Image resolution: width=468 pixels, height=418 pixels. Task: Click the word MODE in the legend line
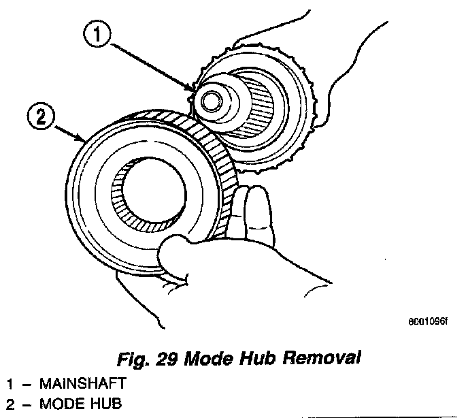tap(57, 403)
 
